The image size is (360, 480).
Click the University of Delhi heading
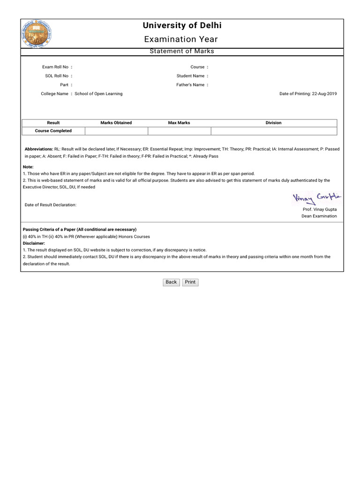coord(181,26)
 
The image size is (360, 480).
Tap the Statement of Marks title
coord(181,51)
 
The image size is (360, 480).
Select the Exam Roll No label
coord(55,67)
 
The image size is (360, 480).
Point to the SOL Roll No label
coord(57,76)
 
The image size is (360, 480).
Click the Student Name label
coord(190,76)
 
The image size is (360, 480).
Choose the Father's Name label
coord(190,85)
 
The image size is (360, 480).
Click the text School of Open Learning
coord(98,94)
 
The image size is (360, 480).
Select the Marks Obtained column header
coord(116,123)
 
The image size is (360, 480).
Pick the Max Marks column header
coord(179,123)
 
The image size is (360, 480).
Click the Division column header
coord(273,123)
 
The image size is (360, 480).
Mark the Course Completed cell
coord(53,131)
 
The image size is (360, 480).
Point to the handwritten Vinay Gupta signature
coord(317,198)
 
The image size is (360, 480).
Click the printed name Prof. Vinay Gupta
coord(320,210)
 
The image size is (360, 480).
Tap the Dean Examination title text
coord(319,216)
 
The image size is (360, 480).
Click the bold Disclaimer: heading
coord(34,243)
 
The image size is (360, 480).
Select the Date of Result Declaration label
coord(51,205)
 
